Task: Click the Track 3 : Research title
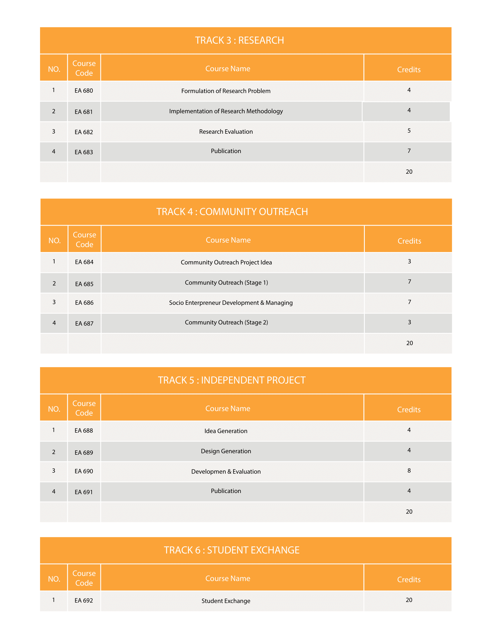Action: pos(240,40)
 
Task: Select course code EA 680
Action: pos(84,91)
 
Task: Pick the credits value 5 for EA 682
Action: pos(409,130)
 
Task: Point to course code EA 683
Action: pos(84,152)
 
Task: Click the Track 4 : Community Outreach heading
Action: pos(232,212)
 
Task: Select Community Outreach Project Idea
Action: pos(226,262)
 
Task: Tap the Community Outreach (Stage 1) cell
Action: pos(226,282)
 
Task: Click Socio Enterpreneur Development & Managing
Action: pos(231,303)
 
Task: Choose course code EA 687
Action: pos(84,323)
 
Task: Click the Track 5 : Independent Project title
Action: pos(232,380)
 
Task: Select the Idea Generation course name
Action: pos(226,431)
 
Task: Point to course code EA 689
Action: pos(84,452)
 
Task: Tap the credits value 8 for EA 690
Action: pos(409,471)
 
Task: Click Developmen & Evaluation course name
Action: pos(226,472)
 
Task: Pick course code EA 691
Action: pos(84,492)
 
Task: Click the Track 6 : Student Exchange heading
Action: pos(232,550)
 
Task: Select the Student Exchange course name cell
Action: pos(226,601)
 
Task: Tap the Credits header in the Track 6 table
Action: pos(409,580)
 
